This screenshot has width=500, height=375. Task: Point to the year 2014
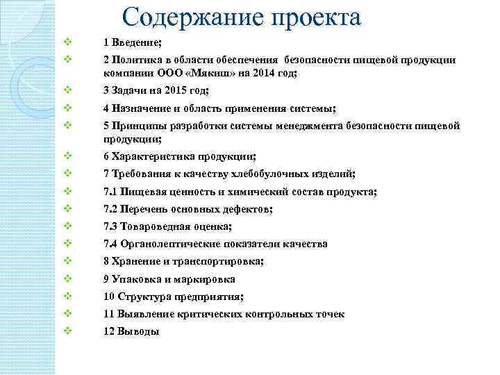264,72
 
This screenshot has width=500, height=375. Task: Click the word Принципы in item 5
137,126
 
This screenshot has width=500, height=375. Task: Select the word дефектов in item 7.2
249,209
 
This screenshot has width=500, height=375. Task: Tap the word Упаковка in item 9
136,279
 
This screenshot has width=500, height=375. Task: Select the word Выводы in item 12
139,332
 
